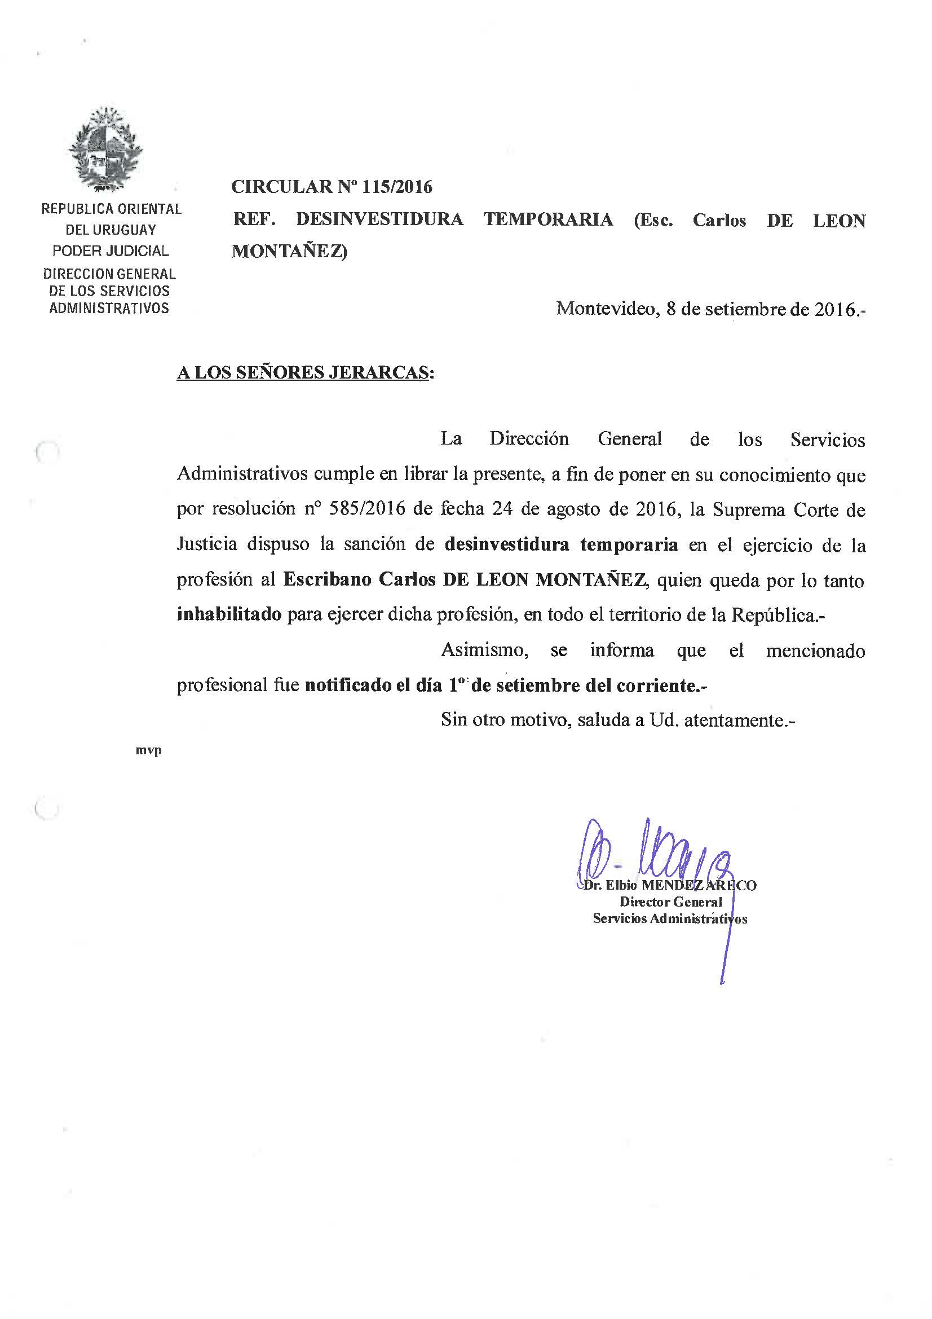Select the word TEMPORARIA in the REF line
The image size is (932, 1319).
[x=548, y=219]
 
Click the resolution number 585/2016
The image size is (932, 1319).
[x=369, y=509]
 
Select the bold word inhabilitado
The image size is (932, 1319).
[x=229, y=614]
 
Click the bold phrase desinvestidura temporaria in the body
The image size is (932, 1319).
[x=561, y=544]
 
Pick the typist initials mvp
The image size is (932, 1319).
[x=148, y=750]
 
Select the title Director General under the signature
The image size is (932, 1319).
[x=670, y=902]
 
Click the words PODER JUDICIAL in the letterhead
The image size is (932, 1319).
[x=111, y=251]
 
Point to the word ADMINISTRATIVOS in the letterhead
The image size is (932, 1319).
[x=109, y=309]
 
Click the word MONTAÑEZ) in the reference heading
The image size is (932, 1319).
[x=289, y=252]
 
